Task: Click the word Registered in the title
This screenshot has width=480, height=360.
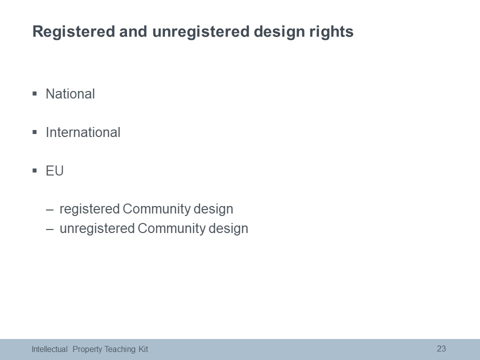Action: [x=73, y=32]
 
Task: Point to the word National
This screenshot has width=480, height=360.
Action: [x=70, y=94]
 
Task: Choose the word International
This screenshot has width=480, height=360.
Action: [x=83, y=132]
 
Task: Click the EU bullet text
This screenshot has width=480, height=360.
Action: [x=54, y=171]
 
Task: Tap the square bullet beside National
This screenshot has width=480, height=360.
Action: [x=34, y=93]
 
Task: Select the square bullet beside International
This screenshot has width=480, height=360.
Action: [x=34, y=132]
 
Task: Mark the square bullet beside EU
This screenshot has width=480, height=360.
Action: [x=34, y=170]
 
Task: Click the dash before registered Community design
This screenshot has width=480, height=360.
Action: [x=49, y=209]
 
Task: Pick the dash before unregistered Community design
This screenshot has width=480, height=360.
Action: [x=49, y=229]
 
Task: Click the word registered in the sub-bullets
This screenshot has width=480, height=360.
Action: [x=89, y=209]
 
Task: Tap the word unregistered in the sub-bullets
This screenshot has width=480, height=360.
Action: [x=97, y=229]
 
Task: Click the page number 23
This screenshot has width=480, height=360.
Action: [x=441, y=348]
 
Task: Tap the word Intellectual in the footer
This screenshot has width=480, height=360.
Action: [x=49, y=349]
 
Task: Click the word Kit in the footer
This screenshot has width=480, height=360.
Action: [x=143, y=349]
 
